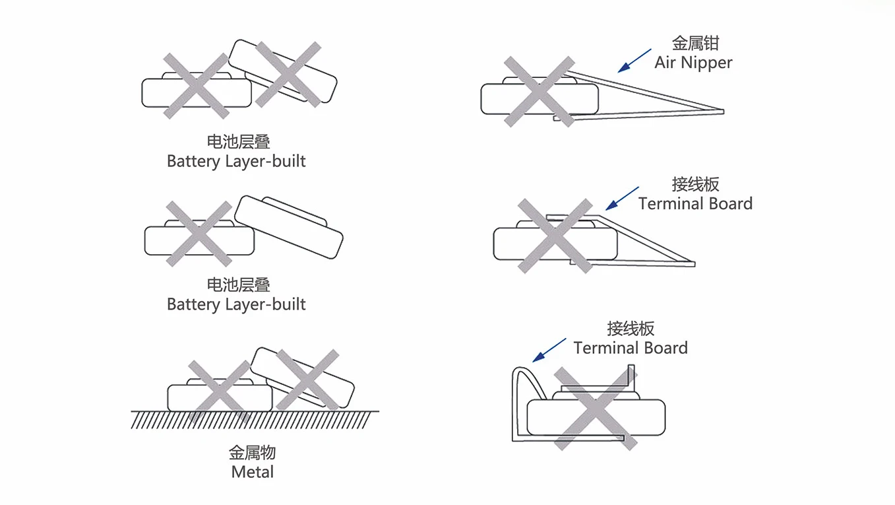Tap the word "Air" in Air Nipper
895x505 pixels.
[x=665, y=63]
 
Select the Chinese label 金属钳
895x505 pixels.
[x=695, y=44]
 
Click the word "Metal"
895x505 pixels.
[x=253, y=472]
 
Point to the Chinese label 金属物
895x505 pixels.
[x=253, y=453]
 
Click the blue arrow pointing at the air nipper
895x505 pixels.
[x=634, y=60]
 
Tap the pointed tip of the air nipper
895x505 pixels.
[x=722, y=111]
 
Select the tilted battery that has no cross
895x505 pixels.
[x=289, y=226]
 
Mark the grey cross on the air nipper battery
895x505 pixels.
[x=539, y=91]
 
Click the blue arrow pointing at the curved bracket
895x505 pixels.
[x=549, y=349]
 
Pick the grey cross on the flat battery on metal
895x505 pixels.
[x=219, y=392]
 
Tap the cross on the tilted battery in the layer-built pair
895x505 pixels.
[x=288, y=74]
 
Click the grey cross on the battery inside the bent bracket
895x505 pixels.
[x=596, y=408]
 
